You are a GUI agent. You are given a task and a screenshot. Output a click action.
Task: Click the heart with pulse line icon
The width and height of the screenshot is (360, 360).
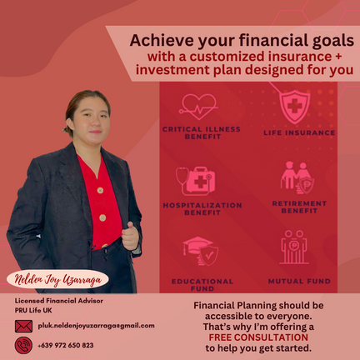coord(198,107)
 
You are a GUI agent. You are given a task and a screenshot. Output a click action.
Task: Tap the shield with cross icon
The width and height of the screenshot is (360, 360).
coord(294,107)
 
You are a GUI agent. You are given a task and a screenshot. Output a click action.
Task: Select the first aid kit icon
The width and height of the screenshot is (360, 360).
coord(196,181)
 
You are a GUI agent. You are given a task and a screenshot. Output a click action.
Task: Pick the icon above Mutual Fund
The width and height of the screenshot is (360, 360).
coord(294,247)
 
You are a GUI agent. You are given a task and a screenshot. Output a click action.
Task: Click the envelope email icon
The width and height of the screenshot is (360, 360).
coord(23,326)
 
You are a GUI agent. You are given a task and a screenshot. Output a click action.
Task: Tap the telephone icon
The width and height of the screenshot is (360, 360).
coord(23,345)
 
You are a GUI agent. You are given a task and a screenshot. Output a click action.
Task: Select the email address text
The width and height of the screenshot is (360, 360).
coord(96,326)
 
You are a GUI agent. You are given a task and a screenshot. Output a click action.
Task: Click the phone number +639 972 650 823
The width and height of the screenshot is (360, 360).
coord(66,345)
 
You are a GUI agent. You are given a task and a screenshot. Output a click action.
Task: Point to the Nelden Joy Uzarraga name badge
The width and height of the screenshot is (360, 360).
coord(57,279)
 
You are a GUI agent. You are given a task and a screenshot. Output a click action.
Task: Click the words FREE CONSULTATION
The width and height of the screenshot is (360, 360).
coord(258,337)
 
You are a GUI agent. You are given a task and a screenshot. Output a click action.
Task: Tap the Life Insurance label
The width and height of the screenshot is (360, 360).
coord(299,132)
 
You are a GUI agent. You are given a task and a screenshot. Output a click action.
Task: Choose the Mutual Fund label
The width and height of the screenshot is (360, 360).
coord(299,281)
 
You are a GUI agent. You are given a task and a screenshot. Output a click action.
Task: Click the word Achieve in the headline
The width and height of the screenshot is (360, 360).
coord(162,40)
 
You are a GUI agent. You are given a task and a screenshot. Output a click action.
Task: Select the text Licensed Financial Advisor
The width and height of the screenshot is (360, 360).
coord(59,301)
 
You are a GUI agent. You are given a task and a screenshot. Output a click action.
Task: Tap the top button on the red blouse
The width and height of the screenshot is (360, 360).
coord(100,191)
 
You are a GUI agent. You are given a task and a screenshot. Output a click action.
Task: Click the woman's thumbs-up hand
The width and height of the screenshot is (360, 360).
coord(130,236)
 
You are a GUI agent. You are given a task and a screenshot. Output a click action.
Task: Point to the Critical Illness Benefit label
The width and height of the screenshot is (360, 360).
coord(202,132)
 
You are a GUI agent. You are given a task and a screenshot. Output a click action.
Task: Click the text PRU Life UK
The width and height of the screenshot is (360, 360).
coord(33,310)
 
